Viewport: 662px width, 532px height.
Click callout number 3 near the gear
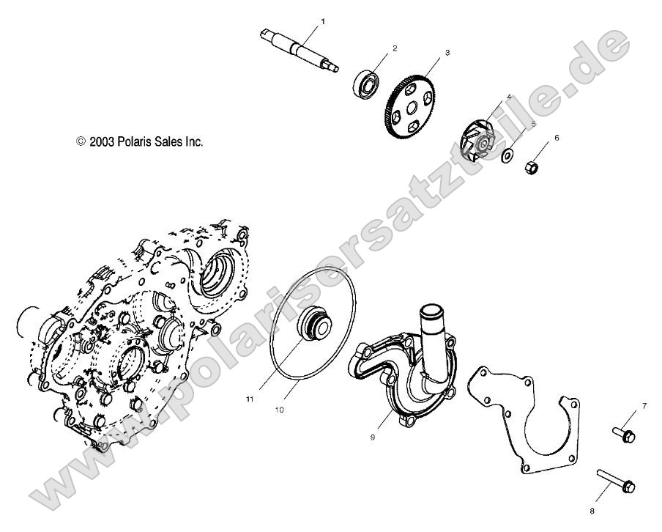click(x=447, y=53)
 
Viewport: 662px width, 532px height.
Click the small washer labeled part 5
click(x=506, y=155)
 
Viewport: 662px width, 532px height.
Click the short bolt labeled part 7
click(x=623, y=434)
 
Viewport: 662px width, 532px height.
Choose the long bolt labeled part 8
click(x=617, y=481)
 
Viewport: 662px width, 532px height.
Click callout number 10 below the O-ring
click(x=278, y=410)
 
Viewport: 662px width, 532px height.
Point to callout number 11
click(x=249, y=399)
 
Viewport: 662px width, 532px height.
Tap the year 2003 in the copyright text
click(x=101, y=141)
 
